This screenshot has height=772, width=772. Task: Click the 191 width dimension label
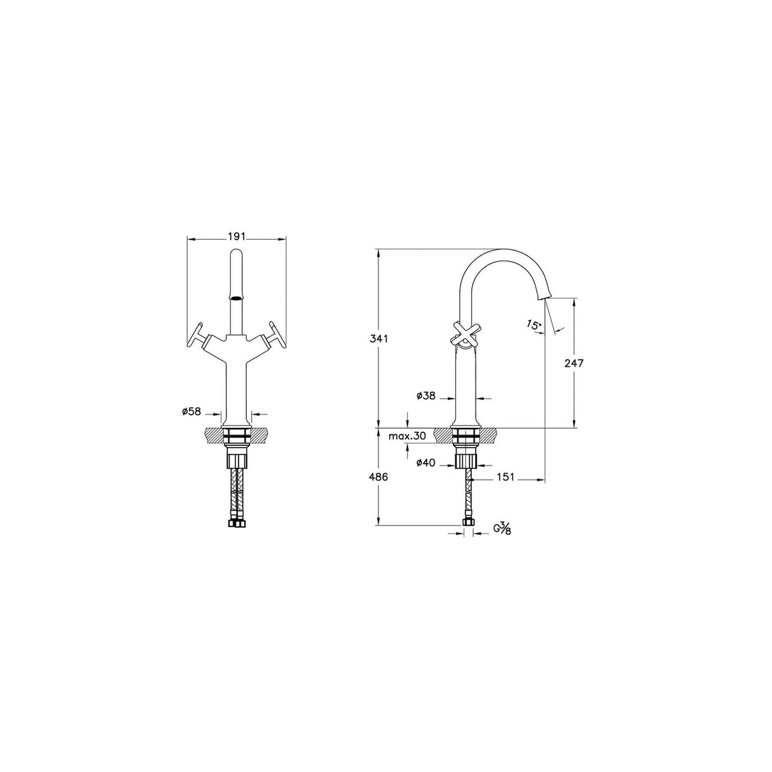tap(236, 237)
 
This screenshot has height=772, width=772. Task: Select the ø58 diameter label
tap(191, 412)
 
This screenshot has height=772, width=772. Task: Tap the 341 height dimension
tap(379, 338)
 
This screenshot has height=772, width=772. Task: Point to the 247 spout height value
tap(574, 363)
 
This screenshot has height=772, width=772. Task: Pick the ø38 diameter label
tap(426, 396)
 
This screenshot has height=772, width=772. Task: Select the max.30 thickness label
tap(407, 436)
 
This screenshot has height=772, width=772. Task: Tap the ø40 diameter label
tap(426, 463)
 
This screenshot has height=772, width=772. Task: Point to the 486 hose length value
tap(379, 476)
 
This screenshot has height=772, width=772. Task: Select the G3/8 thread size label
tap(502, 528)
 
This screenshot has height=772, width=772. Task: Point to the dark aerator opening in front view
tap(237, 296)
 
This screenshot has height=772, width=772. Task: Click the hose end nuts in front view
tap(237, 524)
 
